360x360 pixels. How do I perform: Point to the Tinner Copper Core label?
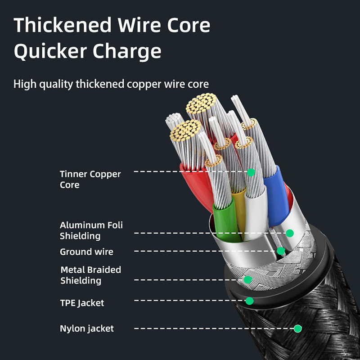click(x=90, y=179)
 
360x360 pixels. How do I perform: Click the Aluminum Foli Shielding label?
click(x=91, y=230)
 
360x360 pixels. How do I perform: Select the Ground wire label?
click(x=86, y=252)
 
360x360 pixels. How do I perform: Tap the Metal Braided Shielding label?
click(x=90, y=275)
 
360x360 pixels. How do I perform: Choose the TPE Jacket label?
click(x=82, y=303)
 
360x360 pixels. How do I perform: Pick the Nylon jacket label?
click(x=87, y=328)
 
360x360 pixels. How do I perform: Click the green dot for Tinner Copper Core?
click(x=251, y=172)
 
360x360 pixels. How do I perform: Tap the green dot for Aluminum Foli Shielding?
click(x=290, y=233)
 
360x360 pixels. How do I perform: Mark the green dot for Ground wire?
click(x=281, y=251)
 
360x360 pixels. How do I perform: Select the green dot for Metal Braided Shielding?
click(x=247, y=279)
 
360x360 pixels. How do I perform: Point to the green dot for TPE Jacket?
click(x=249, y=301)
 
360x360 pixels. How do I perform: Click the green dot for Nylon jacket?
click(x=297, y=328)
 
